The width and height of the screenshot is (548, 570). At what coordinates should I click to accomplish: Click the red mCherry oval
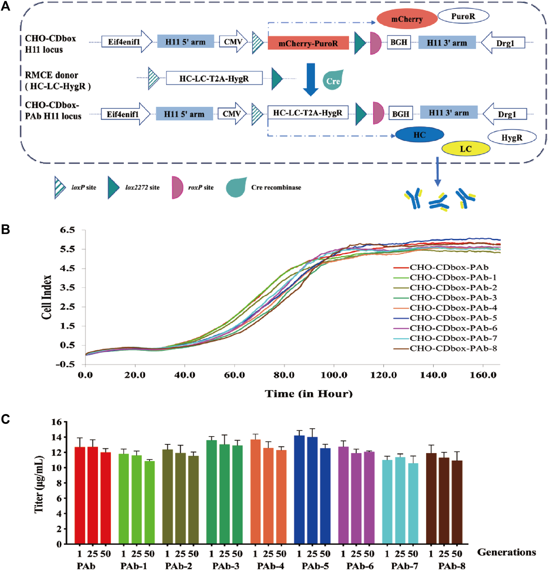[407, 19]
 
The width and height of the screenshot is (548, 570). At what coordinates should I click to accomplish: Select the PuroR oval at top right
[463, 16]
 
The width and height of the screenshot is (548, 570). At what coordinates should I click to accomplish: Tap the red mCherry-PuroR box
[308, 43]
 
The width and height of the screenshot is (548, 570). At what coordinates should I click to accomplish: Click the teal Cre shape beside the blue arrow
[333, 80]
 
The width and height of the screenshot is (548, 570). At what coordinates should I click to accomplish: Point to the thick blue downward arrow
[311, 79]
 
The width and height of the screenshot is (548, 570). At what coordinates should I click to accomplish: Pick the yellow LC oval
[466, 149]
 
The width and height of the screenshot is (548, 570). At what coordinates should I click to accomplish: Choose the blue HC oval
[419, 135]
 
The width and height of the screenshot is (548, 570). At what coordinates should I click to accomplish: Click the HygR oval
[512, 138]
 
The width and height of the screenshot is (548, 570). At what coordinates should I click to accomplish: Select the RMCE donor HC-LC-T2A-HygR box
[214, 78]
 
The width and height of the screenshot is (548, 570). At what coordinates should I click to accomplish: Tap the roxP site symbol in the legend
[177, 187]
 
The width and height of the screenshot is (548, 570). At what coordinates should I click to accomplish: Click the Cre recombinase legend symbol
[236, 187]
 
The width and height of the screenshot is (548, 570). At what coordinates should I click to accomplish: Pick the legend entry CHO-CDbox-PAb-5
[453, 318]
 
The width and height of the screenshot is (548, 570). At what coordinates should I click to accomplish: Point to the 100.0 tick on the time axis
[334, 375]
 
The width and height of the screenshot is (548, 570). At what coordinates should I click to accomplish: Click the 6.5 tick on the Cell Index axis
[67, 230]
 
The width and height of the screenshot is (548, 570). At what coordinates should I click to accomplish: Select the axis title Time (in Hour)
[308, 394]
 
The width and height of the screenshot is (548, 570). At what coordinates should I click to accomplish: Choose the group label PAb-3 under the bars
[226, 566]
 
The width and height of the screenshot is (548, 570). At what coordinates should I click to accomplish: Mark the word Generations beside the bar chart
[506, 552]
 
